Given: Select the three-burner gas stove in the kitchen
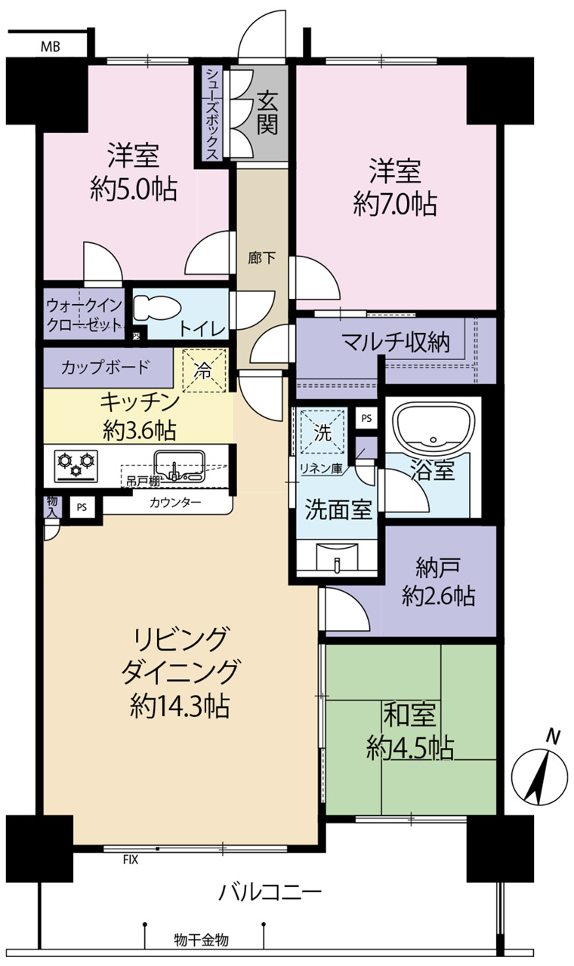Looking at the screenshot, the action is pyautogui.click(x=76, y=466).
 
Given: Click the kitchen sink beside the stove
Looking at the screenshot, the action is pyautogui.click(x=180, y=466).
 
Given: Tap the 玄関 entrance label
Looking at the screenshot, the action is pyautogui.click(x=267, y=112).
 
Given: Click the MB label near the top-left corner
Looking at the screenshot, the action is pyautogui.click(x=51, y=47).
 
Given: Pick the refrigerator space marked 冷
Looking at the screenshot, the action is pyautogui.click(x=204, y=371).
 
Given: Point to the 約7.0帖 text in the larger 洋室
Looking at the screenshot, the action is pyautogui.click(x=395, y=204).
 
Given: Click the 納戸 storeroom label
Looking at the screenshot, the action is pyautogui.click(x=438, y=568).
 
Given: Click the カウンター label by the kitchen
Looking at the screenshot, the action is pyautogui.click(x=175, y=502).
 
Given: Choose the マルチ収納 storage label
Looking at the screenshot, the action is pyautogui.click(x=396, y=343).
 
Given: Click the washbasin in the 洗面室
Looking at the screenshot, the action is pyautogui.click(x=337, y=556).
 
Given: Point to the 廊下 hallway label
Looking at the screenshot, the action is pyautogui.click(x=262, y=258).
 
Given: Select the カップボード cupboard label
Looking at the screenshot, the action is pyautogui.click(x=105, y=368).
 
